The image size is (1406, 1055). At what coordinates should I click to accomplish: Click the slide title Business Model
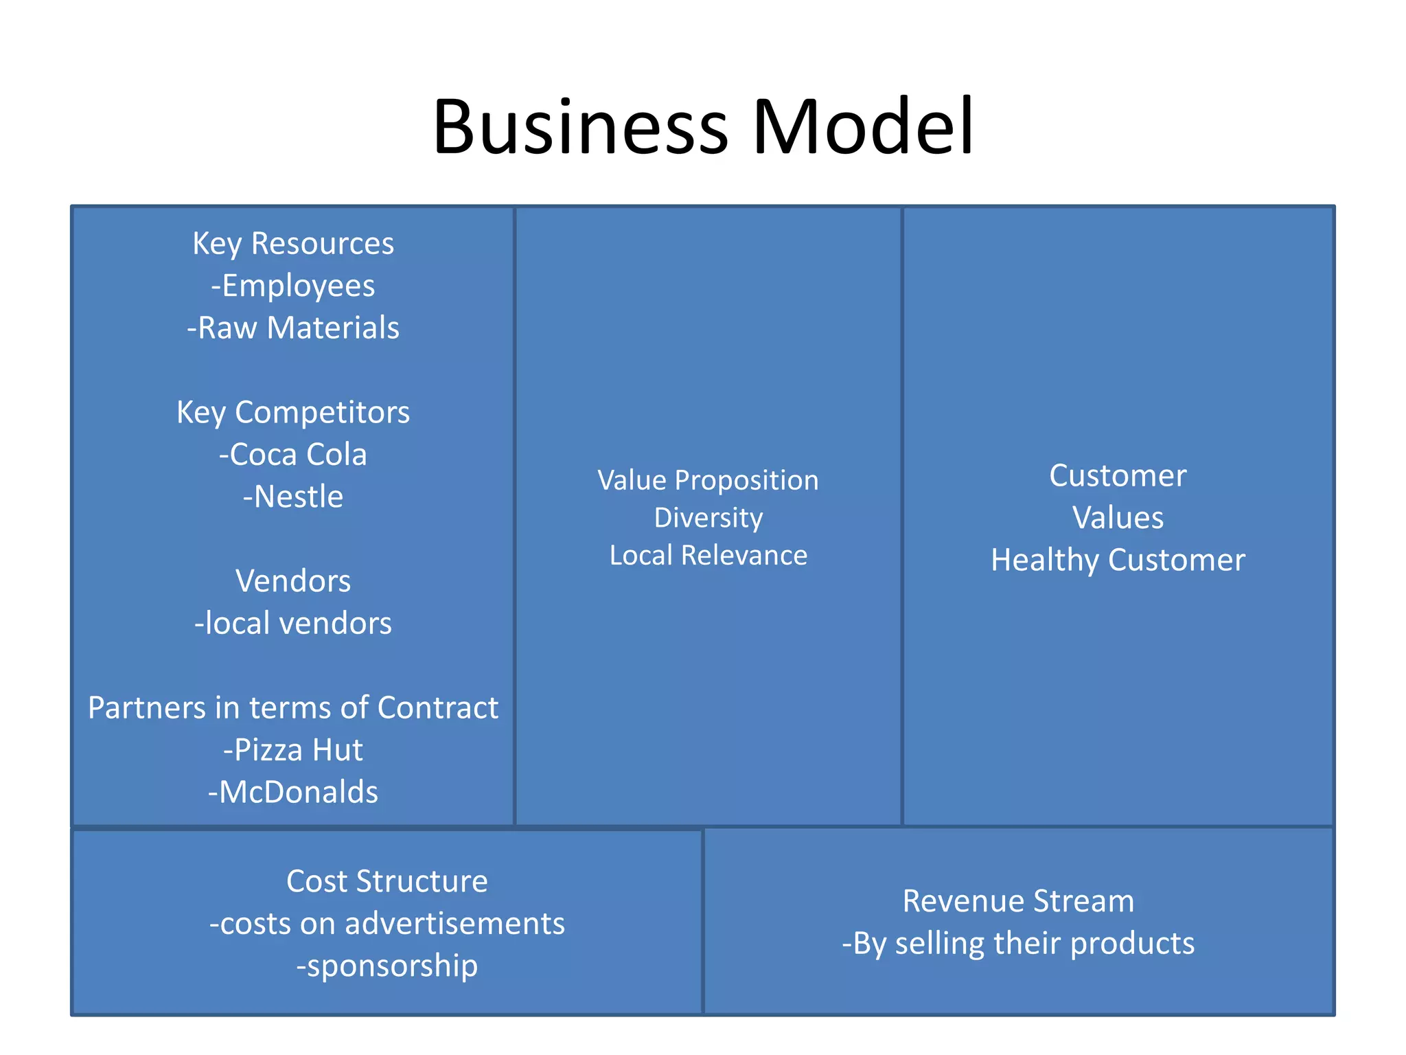tap(703, 128)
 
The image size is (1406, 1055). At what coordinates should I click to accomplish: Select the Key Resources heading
tap(293, 244)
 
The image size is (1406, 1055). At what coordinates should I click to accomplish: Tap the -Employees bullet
tap(293, 286)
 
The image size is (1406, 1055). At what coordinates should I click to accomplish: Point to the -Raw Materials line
tap(293, 328)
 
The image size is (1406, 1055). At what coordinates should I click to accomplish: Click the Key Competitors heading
tap(293, 413)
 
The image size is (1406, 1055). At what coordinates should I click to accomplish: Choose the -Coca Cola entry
tap(293, 455)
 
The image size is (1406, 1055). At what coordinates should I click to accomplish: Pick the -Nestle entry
tap(293, 497)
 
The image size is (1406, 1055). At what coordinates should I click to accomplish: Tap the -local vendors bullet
tap(293, 624)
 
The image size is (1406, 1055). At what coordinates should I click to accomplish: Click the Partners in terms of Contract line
tap(293, 708)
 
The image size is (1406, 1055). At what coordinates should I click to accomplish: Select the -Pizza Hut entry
tap(293, 750)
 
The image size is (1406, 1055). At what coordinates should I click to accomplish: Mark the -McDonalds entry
tap(293, 793)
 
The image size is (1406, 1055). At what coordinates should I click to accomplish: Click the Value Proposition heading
tap(708, 480)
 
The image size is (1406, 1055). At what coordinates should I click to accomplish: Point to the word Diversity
tap(708, 518)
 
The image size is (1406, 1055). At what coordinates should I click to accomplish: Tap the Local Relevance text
tap(708, 555)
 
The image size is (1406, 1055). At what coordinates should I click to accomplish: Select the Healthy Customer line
tap(1118, 560)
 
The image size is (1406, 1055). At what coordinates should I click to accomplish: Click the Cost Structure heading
tap(387, 881)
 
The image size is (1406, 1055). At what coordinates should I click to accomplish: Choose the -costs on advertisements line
tap(387, 924)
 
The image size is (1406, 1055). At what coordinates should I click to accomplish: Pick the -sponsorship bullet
tap(387, 966)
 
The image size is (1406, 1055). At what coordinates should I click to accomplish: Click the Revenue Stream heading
tap(1018, 901)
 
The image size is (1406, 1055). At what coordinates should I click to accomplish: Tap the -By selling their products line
tap(1018, 944)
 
